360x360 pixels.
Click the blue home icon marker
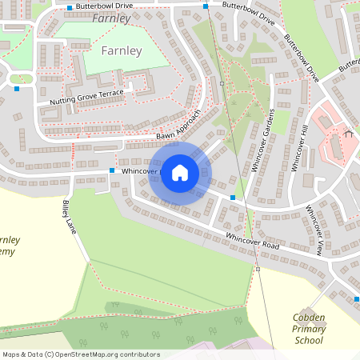[x=180, y=172]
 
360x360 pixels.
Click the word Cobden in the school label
[x=308, y=318]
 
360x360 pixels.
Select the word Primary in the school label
[x=308, y=329]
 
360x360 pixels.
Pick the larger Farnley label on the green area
[x=122, y=51]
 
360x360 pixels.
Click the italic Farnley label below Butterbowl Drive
[x=110, y=18]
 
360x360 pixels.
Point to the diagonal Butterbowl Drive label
[x=302, y=58]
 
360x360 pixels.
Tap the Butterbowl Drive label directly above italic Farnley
[x=104, y=6]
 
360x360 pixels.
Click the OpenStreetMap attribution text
[x=80, y=354]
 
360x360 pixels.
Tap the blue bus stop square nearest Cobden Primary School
[x=357, y=299]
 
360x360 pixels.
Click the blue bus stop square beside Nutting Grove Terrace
[x=17, y=89]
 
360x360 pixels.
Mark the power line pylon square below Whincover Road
[x=258, y=269]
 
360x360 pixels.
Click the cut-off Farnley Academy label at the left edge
[x=8, y=246]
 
